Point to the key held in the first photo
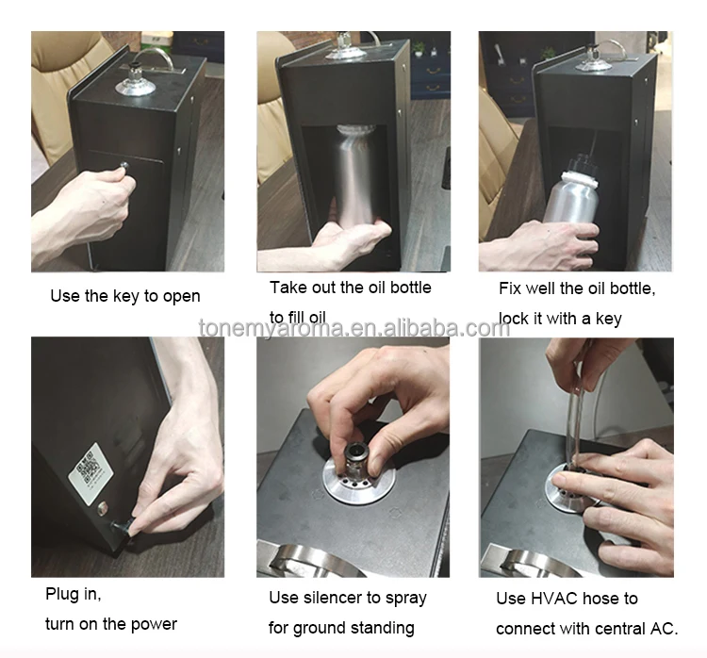click(123, 167)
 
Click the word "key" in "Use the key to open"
click(126, 296)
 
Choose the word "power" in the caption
click(154, 625)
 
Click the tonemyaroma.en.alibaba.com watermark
click(354, 327)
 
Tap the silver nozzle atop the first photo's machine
click(135, 81)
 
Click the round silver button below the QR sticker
click(103, 508)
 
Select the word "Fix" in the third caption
click(509, 288)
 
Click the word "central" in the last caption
click(616, 629)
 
